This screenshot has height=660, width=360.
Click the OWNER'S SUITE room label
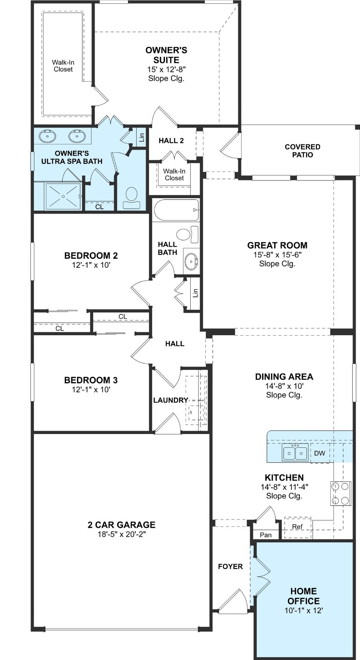coord(166,55)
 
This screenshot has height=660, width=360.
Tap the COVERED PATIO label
coord(302,151)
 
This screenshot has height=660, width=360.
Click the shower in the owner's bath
coord(63,196)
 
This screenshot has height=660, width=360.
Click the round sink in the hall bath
coord(191,260)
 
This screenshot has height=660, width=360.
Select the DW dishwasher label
coord(319,453)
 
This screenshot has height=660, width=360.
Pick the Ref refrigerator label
coord(297,526)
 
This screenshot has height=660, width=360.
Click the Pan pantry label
coord(265,535)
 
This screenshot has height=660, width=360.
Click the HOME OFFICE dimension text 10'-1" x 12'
coord(304,610)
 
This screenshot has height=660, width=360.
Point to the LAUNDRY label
coord(171,400)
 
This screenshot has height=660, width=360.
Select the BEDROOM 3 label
coord(91,380)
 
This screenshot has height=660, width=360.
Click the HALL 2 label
coord(171,141)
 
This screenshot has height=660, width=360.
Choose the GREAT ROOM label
coord(277,245)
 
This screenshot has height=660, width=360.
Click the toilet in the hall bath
coord(184,235)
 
